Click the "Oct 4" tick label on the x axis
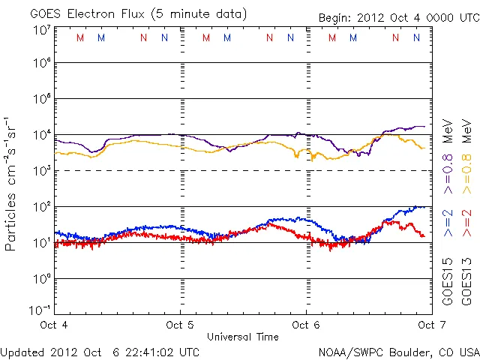(x=54, y=325)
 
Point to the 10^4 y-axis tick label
(x=41, y=135)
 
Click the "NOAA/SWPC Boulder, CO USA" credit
(x=398, y=352)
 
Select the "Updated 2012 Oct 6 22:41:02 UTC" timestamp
(x=100, y=351)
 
